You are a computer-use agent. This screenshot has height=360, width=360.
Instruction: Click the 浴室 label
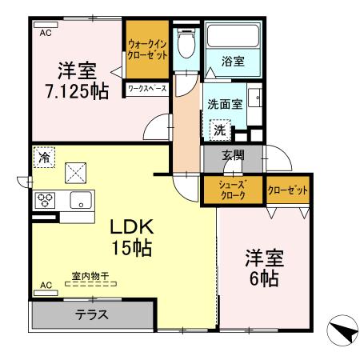tap(233, 61)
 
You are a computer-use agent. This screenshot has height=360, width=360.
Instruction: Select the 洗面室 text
tap(225, 104)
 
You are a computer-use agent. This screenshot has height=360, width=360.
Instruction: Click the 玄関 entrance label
tap(232, 155)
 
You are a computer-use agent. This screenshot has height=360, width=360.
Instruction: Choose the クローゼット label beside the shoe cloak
tap(287, 190)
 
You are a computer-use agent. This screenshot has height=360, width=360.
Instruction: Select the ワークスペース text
tap(146, 90)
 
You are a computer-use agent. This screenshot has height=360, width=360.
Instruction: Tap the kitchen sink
tap(81, 200)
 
